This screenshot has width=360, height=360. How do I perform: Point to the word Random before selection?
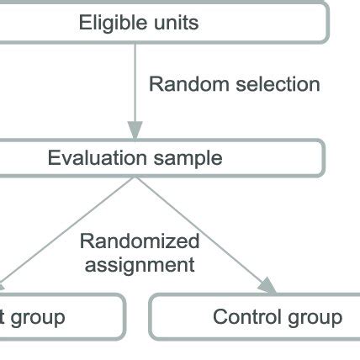(183, 84)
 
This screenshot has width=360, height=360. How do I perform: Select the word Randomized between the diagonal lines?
(140, 242)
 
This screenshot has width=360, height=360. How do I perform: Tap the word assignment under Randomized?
(139, 265)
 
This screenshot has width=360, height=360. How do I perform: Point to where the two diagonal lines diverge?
(135, 177)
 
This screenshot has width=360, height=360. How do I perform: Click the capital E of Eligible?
(85, 22)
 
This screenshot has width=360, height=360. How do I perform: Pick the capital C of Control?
(220, 317)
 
